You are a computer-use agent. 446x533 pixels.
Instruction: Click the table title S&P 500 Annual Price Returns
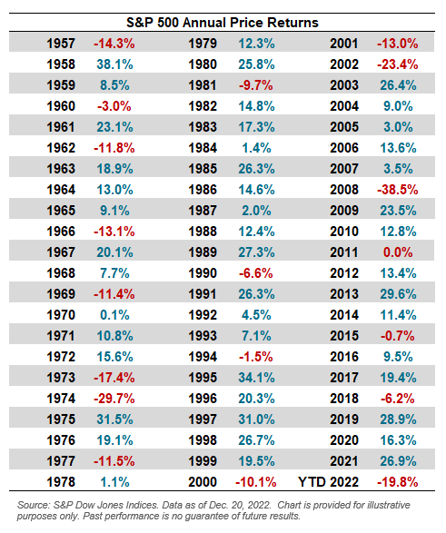point(223,22)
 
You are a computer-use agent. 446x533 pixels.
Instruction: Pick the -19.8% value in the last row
point(400,481)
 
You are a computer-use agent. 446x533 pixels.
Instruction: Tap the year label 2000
point(203,481)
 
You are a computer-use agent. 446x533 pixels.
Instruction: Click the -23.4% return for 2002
point(400,64)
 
